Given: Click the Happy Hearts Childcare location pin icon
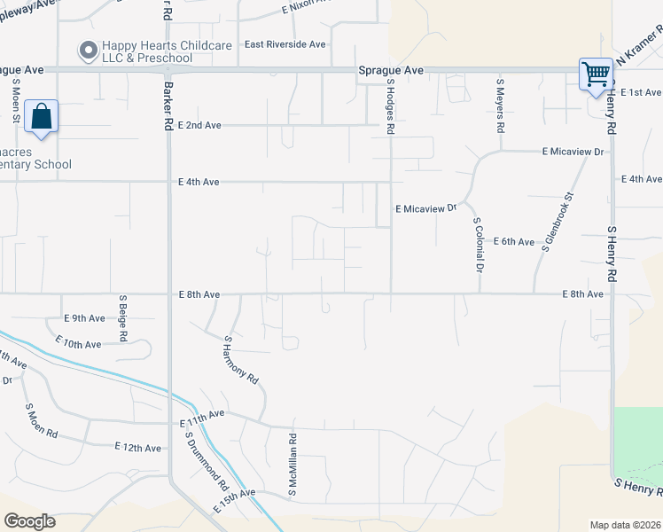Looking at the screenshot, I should click(88, 51).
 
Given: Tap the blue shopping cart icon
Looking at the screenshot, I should click(596, 74).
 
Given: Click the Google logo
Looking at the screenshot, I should click(29, 521).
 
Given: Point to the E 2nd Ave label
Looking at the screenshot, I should click(199, 126).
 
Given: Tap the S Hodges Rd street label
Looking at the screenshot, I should click(390, 106).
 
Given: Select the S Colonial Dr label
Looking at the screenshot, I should click(479, 244).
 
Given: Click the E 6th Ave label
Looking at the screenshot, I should click(513, 241).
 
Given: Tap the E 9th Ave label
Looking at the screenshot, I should click(84, 318).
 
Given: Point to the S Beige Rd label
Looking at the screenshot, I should click(123, 318).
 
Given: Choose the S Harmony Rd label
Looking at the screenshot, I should click(241, 359).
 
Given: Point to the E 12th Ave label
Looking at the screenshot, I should click(136, 449).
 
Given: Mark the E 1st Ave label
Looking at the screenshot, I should click(641, 92).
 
